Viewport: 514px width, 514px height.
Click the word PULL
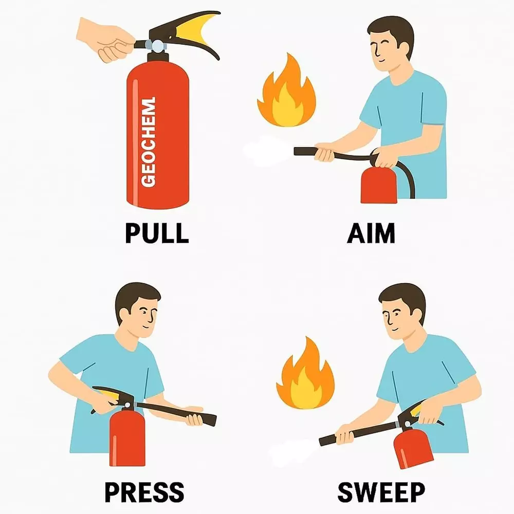pos(157,233)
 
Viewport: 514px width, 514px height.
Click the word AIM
pos(371,233)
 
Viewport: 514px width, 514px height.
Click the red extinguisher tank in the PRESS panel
pos(127,437)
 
